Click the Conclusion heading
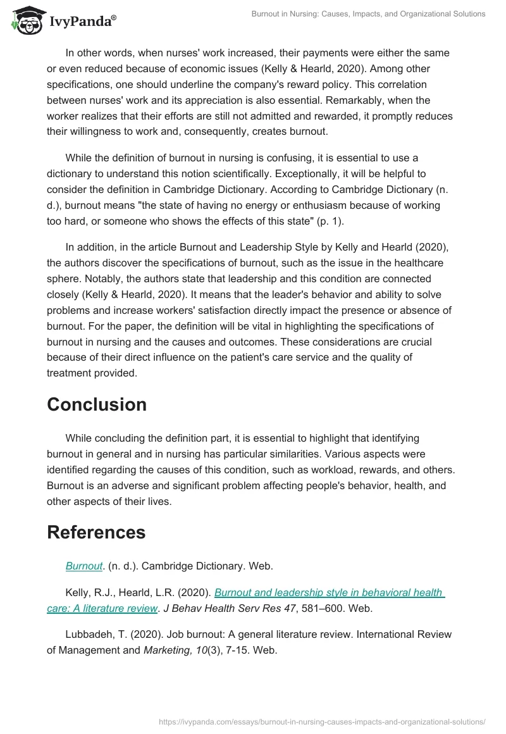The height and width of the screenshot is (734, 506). [x=97, y=404]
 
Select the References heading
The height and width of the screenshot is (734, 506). [x=96, y=532]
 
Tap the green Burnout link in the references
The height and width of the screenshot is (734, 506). [x=84, y=566]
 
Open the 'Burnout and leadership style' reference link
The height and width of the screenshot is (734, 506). [x=329, y=593]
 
